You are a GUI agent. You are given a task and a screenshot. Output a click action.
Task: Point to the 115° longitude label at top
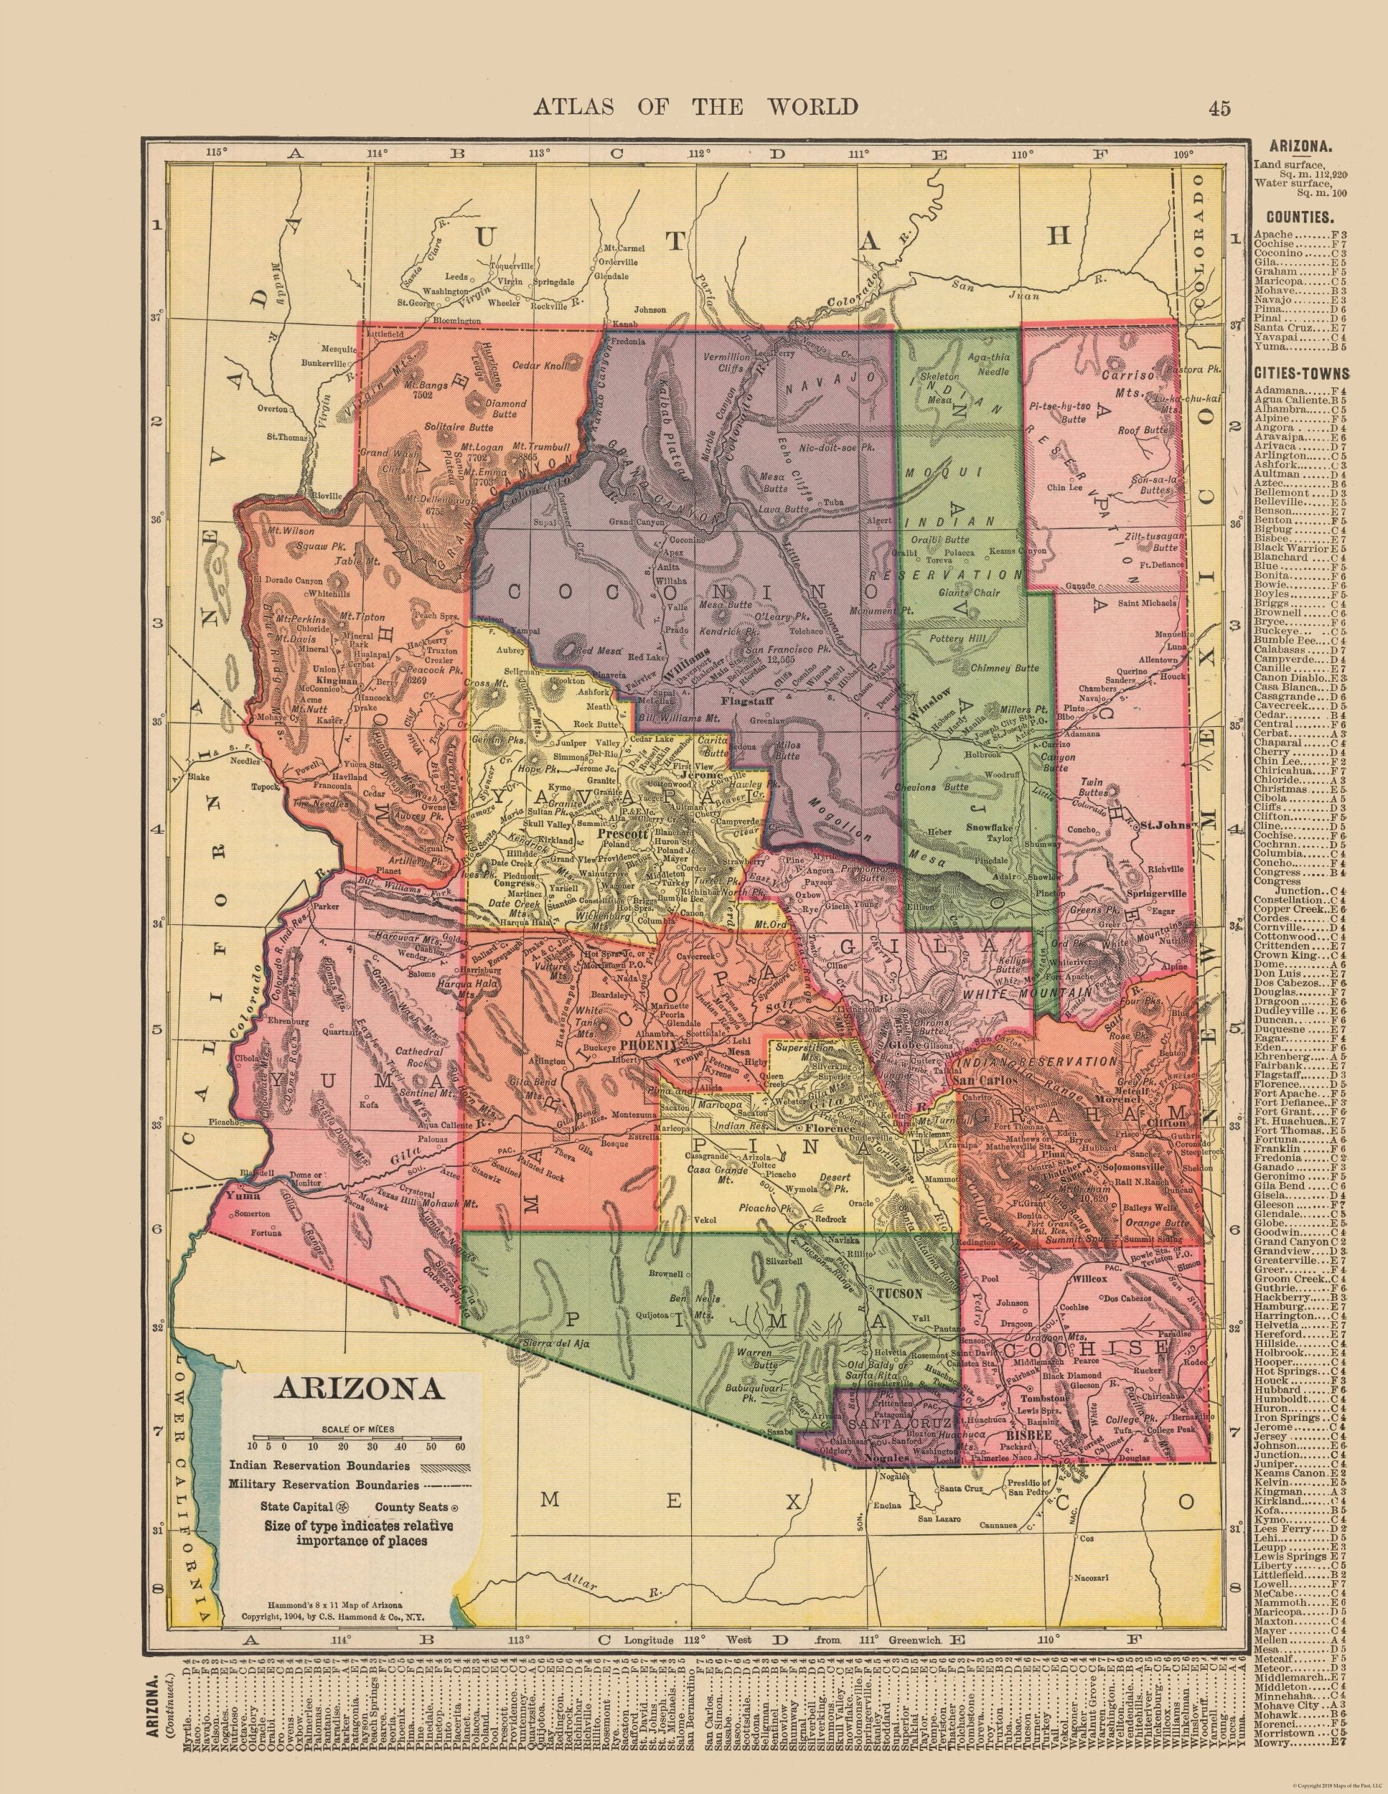tap(215, 153)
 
